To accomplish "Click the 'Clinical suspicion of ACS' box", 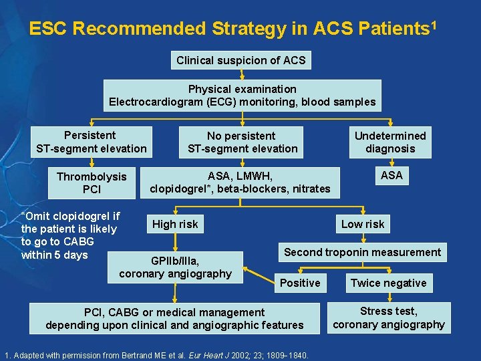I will [x=240, y=60].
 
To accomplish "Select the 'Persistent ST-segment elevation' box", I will [x=90, y=142].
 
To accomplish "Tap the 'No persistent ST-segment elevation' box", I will [x=242, y=142].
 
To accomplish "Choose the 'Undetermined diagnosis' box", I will [x=390, y=142].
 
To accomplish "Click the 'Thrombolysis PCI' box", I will [x=91, y=183].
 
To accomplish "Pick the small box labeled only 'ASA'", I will [x=391, y=175].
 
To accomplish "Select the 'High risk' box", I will [x=175, y=224].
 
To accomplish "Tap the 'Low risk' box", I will [x=363, y=224].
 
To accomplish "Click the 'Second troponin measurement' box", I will [x=363, y=252].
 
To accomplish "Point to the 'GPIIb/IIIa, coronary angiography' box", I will [x=175, y=267].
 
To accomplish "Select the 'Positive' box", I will [x=300, y=283].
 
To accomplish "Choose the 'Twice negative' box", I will [x=388, y=283].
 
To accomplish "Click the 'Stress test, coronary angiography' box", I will [x=388, y=318].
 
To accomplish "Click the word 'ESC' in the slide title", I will [x=49, y=29].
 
